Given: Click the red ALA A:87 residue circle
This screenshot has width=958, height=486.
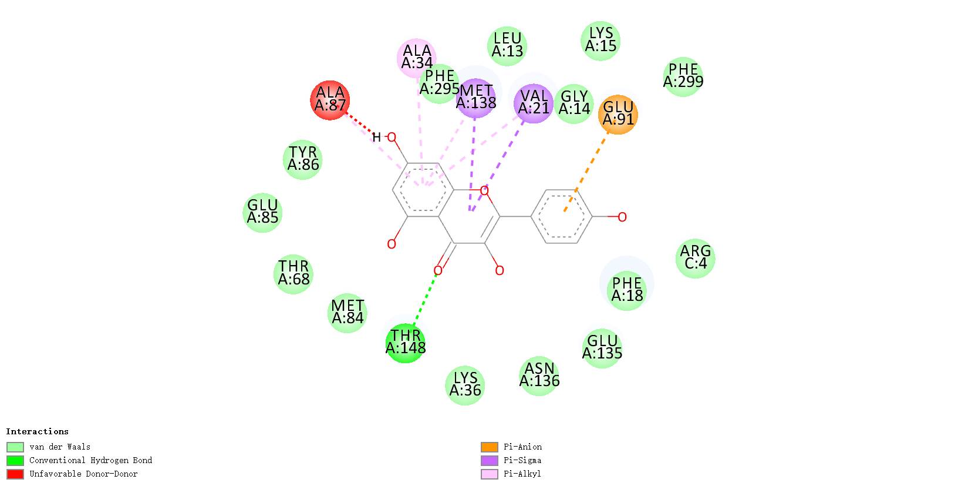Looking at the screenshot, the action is click(330, 100).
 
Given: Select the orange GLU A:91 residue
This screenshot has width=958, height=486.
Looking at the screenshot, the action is click(618, 114).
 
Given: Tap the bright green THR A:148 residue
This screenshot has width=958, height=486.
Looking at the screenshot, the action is click(406, 343).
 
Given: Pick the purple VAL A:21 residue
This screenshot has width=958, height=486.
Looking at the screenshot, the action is click(534, 103).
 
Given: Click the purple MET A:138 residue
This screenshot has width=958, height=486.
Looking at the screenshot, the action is click(476, 98).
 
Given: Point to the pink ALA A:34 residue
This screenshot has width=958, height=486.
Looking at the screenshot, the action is click(416, 58).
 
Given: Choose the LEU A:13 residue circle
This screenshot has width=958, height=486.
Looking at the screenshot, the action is click(507, 45).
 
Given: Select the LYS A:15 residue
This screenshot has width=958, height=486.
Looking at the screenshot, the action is click(601, 40).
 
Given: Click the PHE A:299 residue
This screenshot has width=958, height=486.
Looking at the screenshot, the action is click(683, 76).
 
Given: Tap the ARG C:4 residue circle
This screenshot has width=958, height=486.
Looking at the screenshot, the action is click(696, 258).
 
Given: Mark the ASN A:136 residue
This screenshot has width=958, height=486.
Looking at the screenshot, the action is click(539, 376).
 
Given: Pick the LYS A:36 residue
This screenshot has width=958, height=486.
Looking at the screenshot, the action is click(465, 385).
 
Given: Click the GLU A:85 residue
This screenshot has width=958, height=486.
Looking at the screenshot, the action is click(262, 212).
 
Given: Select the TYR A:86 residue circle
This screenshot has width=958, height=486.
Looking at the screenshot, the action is click(303, 159).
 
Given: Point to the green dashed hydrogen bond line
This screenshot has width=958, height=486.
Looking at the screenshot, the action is click(425, 299).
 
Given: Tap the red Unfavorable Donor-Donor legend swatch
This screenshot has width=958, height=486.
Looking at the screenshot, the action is click(15, 474).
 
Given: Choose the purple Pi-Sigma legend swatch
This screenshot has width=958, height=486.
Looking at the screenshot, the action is click(489, 461).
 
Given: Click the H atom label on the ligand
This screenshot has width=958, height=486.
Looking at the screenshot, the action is click(376, 138).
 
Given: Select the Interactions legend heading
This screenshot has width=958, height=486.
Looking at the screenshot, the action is click(37, 432).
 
